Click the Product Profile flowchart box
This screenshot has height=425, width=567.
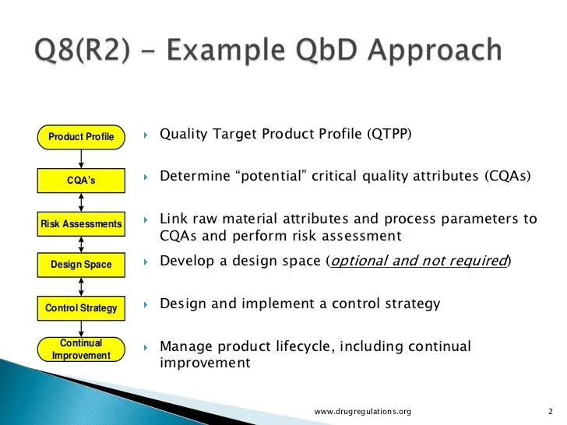tap(81, 138)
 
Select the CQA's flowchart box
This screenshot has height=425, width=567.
tap(81, 182)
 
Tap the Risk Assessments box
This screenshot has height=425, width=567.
tap(81, 224)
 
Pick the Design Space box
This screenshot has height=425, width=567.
tap(81, 265)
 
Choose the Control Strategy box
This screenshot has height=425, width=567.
tap(81, 308)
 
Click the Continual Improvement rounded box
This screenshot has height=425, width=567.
tap(81, 349)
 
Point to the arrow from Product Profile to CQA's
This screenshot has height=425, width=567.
tap(81, 160)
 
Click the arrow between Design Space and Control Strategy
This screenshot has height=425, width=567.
tap(81, 286)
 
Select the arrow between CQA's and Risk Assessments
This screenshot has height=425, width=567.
tap(81, 203)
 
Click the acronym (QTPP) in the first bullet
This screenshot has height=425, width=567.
tap(387, 134)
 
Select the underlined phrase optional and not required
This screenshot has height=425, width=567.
tap(419, 261)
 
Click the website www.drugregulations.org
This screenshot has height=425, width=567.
tap(362, 411)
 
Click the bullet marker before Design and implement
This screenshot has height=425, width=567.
tap(146, 304)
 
